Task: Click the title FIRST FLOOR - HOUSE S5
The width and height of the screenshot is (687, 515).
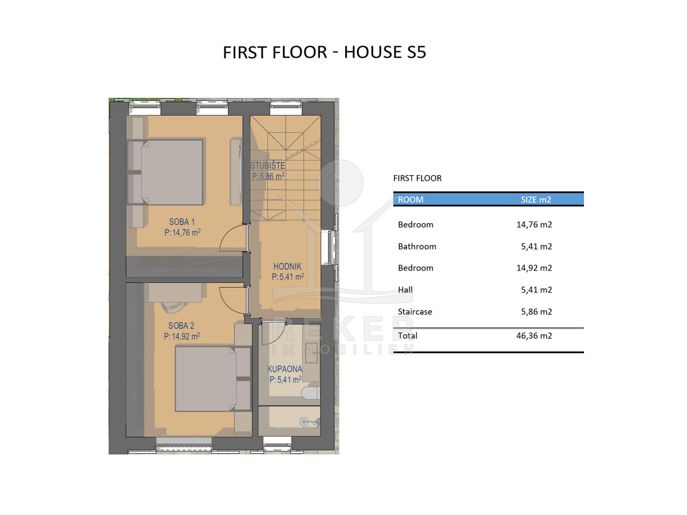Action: (x=324, y=52)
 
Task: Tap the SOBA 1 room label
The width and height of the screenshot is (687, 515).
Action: (x=182, y=221)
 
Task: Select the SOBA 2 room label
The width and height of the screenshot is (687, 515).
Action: (x=181, y=326)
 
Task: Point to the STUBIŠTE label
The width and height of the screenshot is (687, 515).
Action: (x=267, y=165)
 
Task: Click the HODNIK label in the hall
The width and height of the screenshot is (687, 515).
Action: (x=287, y=267)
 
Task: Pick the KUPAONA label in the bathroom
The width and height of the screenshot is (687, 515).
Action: (x=285, y=369)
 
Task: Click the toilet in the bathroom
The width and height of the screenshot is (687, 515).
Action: (x=310, y=393)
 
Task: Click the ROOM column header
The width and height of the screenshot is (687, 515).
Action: (x=410, y=200)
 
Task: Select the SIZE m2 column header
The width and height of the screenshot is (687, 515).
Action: (x=536, y=200)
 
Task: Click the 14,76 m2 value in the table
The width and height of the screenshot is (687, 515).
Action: (x=534, y=224)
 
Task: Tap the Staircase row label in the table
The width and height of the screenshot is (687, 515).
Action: (x=414, y=311)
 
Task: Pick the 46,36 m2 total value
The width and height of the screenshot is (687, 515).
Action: (x=534, y=335)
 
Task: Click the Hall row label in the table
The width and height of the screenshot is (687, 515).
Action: (x=405, y=290)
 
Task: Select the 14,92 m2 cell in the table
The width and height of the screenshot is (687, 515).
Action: (x=534, y=268)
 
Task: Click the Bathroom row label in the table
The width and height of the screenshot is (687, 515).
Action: (x=417, y=247)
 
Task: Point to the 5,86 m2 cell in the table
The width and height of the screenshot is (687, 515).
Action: (x=536, y=311)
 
